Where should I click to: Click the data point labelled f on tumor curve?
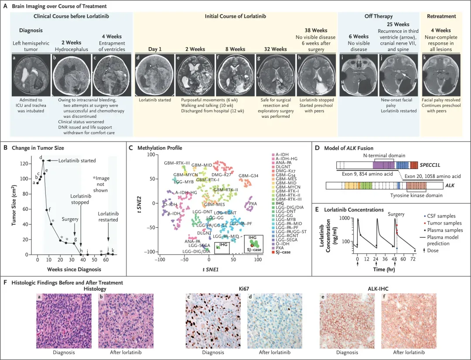tap(46, 210)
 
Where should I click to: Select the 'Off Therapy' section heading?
tap(378, 16)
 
